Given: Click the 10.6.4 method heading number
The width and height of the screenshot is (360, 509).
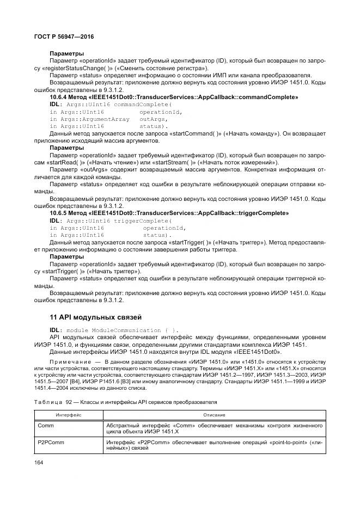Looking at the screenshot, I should (x=59, y=97).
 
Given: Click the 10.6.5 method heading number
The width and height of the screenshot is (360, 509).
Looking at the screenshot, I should (x=59, y=213).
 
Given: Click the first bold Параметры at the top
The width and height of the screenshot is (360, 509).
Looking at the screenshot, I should (x=66, y=54).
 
